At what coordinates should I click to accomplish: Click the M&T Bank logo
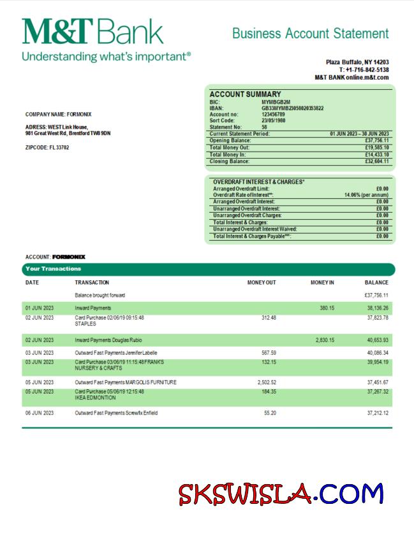point(92,32)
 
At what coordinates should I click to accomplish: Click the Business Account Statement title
point(310,33)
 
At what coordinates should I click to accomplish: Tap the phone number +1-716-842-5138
point(364,69)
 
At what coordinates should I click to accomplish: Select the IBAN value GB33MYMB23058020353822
point(292,108)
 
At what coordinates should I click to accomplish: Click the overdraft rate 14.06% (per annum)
point(366,195)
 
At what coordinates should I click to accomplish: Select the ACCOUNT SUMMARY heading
point(245,94)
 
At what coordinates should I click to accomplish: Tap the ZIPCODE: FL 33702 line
point(47,148)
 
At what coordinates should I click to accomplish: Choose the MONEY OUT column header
point(262,282)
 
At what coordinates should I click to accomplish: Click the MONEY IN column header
point(322,282)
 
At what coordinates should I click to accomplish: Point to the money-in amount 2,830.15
point(325,340)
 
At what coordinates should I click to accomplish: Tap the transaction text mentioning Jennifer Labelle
point(116,352)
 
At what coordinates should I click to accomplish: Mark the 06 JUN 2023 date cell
point(40,413)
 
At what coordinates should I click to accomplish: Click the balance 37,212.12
point(378,413)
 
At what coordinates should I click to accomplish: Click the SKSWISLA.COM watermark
point(281,494)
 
